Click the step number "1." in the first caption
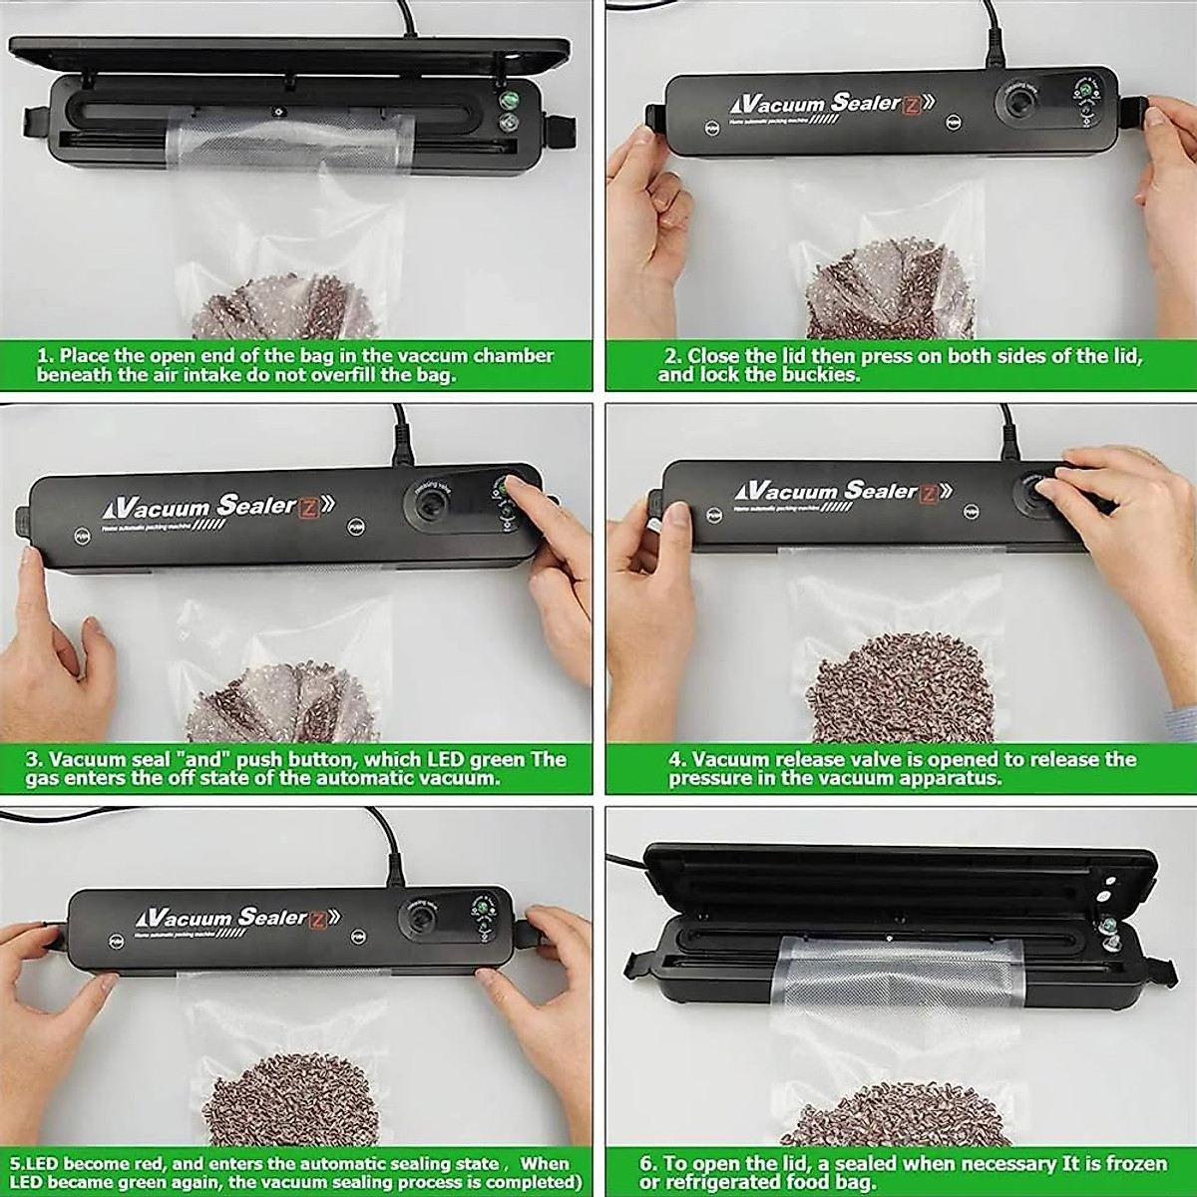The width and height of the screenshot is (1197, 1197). (x=46, y=356)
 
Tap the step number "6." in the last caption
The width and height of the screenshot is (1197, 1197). (x=648, y=1163)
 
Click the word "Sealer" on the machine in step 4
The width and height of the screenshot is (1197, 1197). (x=879, y=490)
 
